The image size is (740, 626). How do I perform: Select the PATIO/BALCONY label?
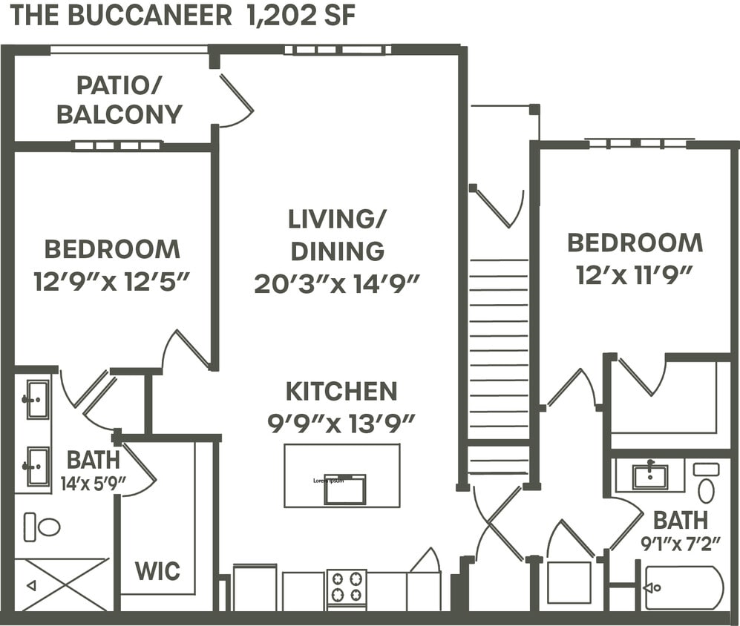pos(119,100)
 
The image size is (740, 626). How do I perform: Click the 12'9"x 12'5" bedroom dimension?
pos(112,282)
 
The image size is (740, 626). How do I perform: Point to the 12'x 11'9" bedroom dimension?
pos(635,275)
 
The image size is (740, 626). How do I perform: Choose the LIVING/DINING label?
pos(338,234)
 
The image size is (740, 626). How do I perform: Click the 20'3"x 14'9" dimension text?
pos(338,283)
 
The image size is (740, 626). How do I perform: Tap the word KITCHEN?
pos(341,391)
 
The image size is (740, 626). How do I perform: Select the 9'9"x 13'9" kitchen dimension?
pos(341,423)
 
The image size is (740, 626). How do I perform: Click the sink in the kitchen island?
pos(344,490)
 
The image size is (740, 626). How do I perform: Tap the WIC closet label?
pos(157,572)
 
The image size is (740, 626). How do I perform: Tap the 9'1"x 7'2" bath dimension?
pos(681,544)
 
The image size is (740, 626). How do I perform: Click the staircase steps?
pos(499,349)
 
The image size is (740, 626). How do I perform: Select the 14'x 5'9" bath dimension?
pos(93,484)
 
